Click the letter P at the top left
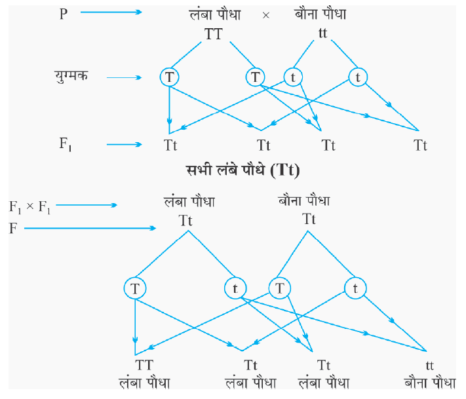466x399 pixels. pos(64,14)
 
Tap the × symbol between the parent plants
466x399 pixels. pos(265,14)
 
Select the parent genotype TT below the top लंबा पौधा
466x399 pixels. pos(214,35)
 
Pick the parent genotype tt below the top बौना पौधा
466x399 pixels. pos(322,32)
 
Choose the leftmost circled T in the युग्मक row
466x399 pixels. pos(169,77)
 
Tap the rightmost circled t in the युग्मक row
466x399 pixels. pos(358,77)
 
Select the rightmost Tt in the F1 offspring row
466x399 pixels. pos(420,145)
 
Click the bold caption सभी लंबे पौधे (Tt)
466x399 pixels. pos(242,172)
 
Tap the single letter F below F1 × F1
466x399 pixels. pos(12,228)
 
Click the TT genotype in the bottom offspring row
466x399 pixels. pos(144,364)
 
